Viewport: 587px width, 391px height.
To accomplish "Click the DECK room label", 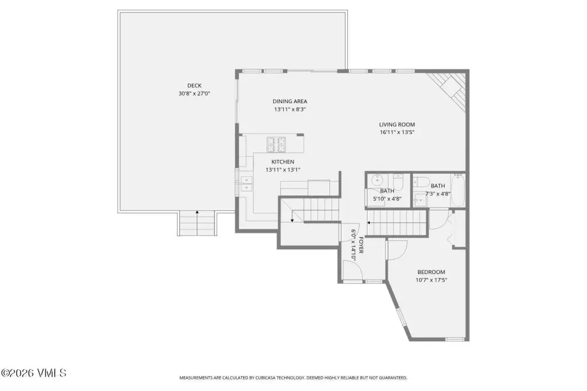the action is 194,86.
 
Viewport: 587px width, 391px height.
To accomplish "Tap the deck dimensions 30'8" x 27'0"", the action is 194,93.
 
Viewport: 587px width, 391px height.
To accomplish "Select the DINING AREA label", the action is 289,101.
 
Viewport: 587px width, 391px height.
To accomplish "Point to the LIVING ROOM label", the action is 397,125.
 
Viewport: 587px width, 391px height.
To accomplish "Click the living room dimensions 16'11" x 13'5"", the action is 397,132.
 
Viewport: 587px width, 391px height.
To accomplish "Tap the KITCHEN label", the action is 283,162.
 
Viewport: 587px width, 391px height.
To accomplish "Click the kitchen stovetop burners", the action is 276,144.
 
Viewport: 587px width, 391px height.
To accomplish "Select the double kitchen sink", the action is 246,184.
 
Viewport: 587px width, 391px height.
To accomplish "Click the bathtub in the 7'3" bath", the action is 458,190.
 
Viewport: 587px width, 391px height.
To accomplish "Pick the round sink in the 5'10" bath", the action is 377,181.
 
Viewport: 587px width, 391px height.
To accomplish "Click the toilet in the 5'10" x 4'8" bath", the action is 398,182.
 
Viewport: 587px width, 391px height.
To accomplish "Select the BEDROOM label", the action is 431,272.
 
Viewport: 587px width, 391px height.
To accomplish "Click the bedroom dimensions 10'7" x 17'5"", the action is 431,280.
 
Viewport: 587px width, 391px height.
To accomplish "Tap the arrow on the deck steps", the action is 197,223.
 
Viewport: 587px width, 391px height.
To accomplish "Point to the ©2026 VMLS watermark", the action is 33,373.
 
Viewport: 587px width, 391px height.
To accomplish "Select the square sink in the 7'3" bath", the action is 420,200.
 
